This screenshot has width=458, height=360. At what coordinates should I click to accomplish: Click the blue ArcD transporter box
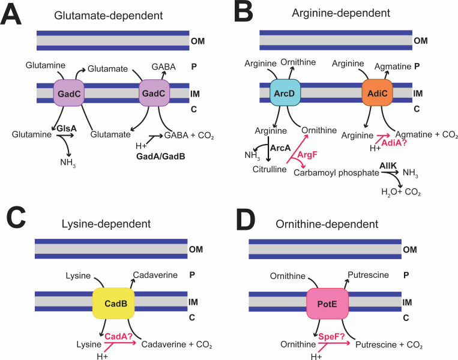pos(285,92)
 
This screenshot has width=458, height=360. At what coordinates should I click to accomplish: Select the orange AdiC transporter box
pos(378,92)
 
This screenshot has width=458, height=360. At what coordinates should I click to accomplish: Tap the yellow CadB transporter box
pos(113,304)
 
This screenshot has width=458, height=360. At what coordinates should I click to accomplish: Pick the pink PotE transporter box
pos(327,304)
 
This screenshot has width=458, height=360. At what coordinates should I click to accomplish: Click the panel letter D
pos(246,220)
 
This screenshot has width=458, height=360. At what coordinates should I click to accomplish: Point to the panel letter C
pos(16,220)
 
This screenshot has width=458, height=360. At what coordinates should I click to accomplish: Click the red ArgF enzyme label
pos(307,154)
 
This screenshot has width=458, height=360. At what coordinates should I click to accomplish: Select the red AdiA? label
pos(394,143)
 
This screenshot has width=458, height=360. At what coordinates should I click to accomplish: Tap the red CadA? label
pos(119,337)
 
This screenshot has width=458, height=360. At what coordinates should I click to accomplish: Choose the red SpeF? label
pos(331,337)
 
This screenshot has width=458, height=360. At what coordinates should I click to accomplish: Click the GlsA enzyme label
pos(67,128)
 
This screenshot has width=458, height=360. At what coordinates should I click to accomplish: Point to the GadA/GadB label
pos(161,157)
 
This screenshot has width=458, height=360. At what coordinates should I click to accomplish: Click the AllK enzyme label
pos(388,166)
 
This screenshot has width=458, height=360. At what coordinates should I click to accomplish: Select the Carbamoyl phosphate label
pos(336,173)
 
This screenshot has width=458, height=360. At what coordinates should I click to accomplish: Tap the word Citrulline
pos(270,169)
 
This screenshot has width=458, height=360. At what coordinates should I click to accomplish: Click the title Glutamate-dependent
pos(109,16)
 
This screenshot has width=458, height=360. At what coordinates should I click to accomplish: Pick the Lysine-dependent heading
pos(106,224)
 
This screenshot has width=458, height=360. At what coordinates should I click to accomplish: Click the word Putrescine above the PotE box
pos(368,275)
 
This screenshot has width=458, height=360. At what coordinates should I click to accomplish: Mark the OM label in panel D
pos(409,250)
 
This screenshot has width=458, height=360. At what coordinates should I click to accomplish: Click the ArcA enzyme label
pos(280,148)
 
